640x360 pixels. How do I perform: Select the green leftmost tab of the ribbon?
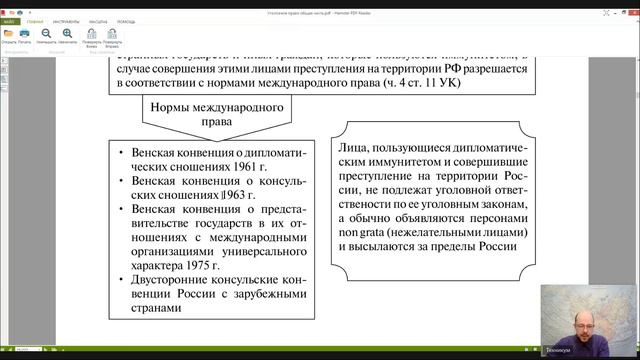(x=9, y=19)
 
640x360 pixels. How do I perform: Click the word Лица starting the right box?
(x=357, y=151)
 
